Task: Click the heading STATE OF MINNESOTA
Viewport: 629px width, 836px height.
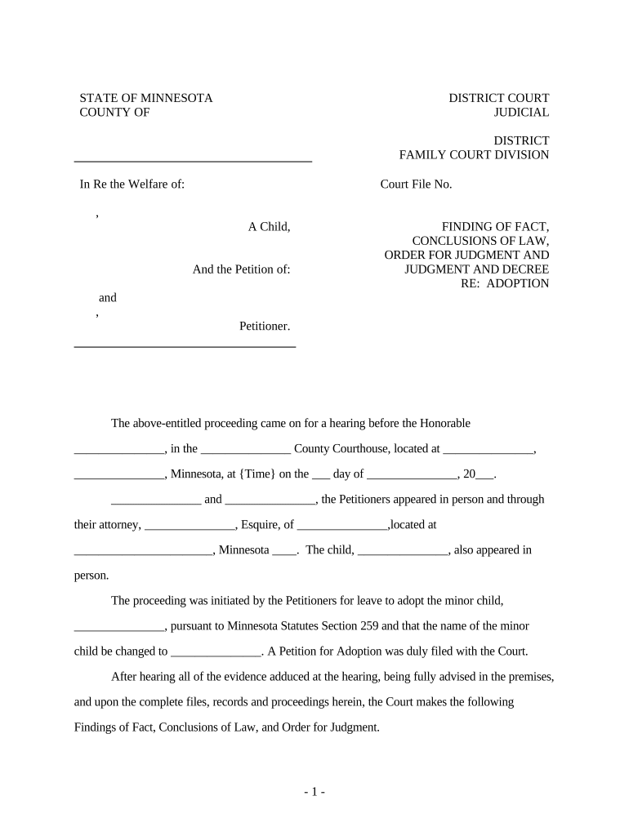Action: coord(145,98)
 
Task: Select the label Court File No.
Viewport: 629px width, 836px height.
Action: coord(416,185)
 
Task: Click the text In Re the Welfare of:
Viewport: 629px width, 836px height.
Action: coord(132,185)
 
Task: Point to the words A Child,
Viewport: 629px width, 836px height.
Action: coord(269,227)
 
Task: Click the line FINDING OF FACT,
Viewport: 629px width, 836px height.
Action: coord(495,227)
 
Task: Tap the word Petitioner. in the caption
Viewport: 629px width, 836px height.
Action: coord(265,327)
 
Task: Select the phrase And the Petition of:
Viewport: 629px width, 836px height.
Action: coord(241,269)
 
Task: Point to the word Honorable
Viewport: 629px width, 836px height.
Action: coord(444,423)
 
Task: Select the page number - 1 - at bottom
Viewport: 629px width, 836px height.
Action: coord(314,792)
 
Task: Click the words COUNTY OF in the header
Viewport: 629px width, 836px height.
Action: coord(114,113)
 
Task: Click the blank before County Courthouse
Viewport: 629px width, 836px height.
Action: coord(245,449)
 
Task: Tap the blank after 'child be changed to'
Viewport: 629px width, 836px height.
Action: coord(216,652)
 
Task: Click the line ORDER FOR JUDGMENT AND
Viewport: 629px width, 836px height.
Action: coord(466,256)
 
